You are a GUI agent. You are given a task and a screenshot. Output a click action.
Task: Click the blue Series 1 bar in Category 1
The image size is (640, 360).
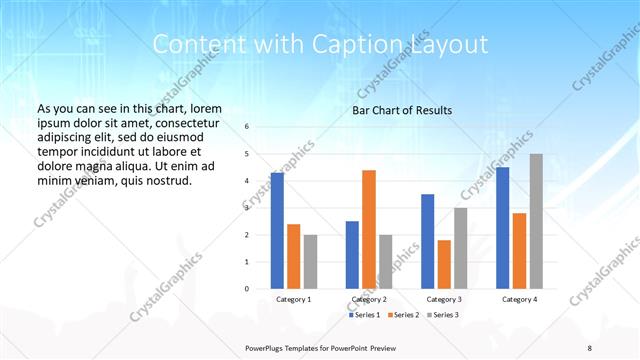[277, 230]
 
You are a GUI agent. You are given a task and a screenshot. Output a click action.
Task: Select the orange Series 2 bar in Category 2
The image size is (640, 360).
[369, 229]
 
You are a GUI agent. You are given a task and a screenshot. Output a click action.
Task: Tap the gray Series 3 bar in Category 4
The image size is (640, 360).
[536, 221]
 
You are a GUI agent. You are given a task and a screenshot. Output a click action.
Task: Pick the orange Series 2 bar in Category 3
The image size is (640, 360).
[444, 264]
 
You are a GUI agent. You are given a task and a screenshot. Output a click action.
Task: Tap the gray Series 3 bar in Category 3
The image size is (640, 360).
[461, 248]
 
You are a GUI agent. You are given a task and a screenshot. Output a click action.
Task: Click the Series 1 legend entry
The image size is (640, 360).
[365, 315]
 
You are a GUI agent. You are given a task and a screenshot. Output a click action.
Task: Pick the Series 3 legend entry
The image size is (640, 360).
[446, 315]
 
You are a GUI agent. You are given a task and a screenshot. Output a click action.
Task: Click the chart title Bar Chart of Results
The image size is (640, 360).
[402, 110]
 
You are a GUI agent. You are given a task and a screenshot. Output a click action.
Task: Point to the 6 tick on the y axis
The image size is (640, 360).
[247, 127]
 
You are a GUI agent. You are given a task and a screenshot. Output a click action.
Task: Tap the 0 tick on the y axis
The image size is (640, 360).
[247, 288]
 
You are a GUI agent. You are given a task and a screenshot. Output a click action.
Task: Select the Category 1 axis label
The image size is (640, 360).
[293, 299]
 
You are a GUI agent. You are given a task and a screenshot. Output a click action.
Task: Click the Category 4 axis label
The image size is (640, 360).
[519, 299]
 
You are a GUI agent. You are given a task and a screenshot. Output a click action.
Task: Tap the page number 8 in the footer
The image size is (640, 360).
[590, 346]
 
